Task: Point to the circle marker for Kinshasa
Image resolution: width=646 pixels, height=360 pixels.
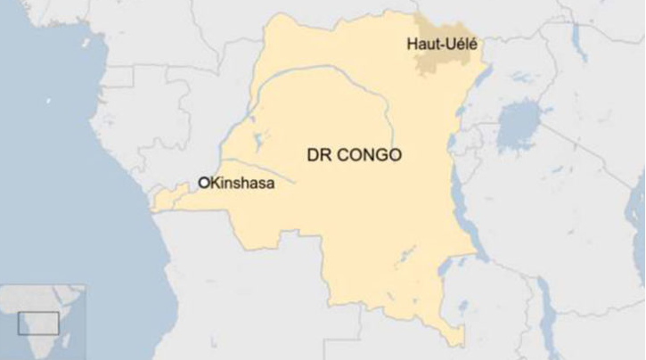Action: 203,182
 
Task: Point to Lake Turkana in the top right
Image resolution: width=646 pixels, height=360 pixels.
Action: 579,36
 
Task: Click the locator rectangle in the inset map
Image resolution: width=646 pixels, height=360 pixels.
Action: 38,323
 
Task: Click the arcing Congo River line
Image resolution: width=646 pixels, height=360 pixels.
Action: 339,77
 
